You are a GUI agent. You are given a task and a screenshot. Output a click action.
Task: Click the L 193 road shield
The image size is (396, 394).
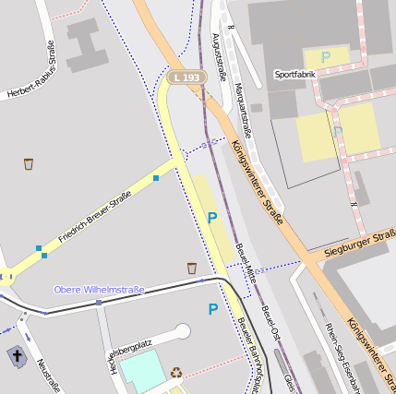186,78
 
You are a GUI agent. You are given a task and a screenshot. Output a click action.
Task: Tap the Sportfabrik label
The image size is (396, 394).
294,73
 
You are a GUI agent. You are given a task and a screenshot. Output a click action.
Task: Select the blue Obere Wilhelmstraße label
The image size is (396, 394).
99,290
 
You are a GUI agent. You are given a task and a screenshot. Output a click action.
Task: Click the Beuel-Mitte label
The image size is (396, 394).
245,263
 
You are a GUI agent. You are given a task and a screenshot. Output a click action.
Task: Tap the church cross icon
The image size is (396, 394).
16,355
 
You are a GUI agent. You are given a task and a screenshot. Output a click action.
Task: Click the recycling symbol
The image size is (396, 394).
176,374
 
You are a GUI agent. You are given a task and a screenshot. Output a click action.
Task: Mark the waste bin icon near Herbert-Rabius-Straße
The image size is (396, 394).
30,164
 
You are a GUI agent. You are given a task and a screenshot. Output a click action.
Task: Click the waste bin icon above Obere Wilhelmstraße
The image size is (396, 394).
192,268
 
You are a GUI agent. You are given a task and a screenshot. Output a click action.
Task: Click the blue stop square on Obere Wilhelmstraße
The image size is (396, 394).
99,302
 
